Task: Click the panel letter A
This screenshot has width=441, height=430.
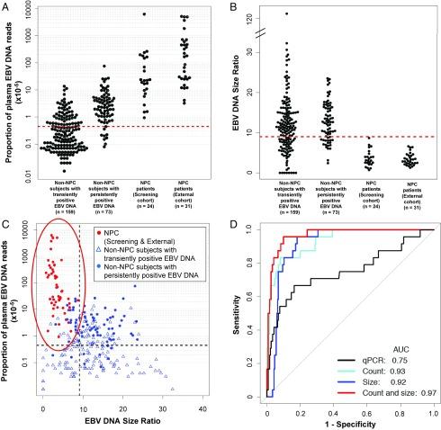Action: click(7, 7)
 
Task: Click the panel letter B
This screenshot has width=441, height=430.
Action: click(226, 7)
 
